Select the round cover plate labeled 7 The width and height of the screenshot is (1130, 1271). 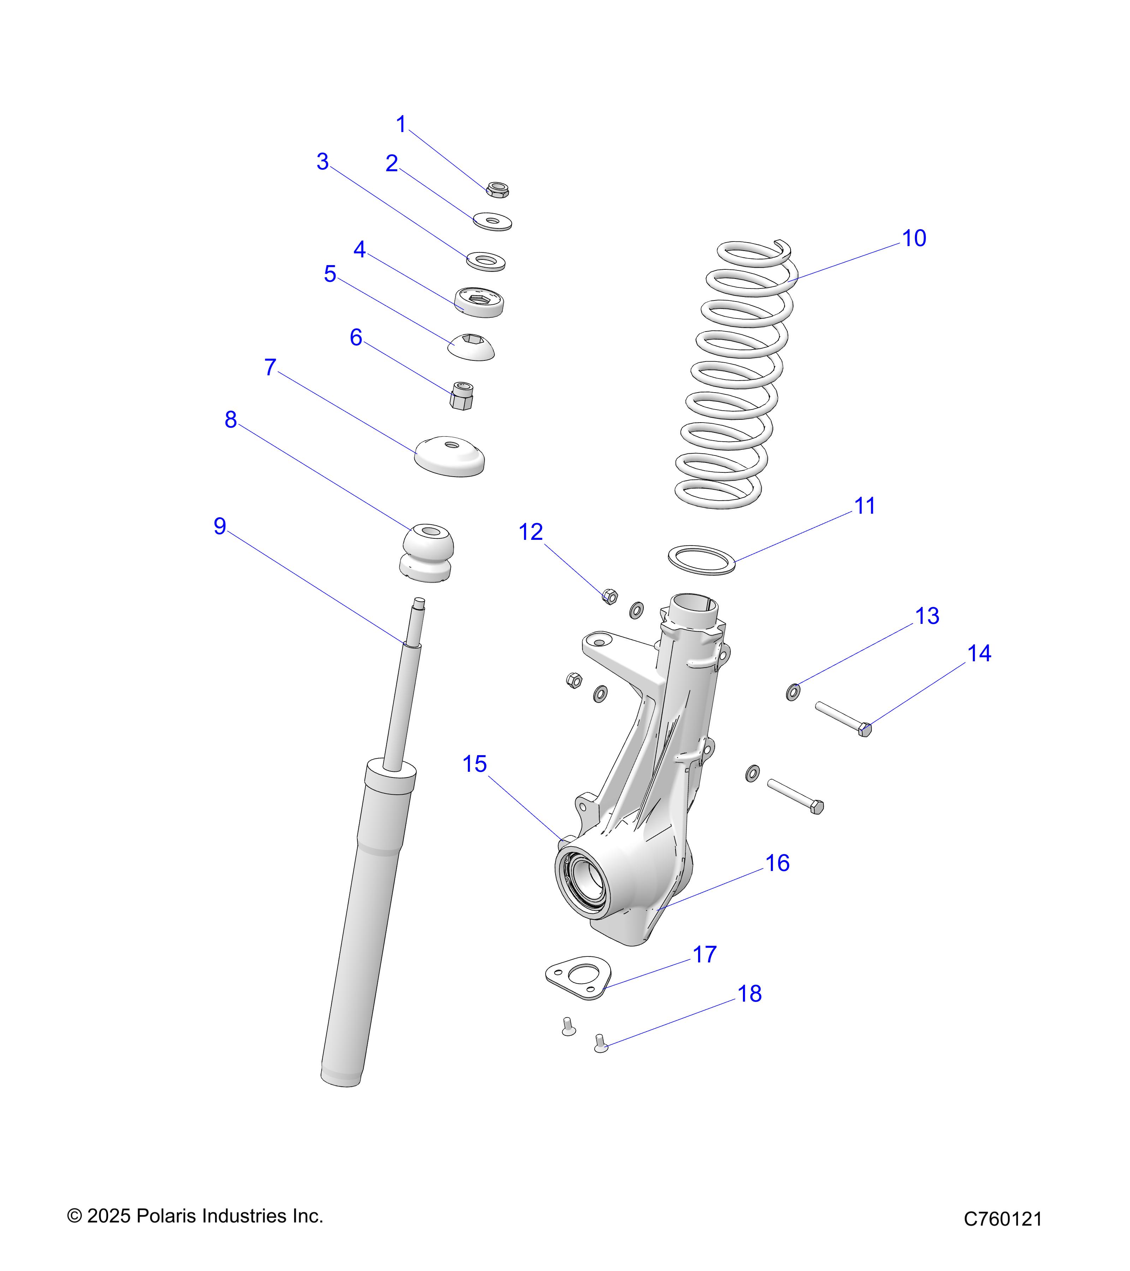pyautogui.click(x=450, y=457)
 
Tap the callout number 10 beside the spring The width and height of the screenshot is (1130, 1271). pyautogui.click(x=914, y=238)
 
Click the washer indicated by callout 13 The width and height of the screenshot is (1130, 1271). pyautogui.click(x=793, y=692)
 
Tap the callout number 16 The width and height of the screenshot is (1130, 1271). pyautogui.click(x=777, y=863)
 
